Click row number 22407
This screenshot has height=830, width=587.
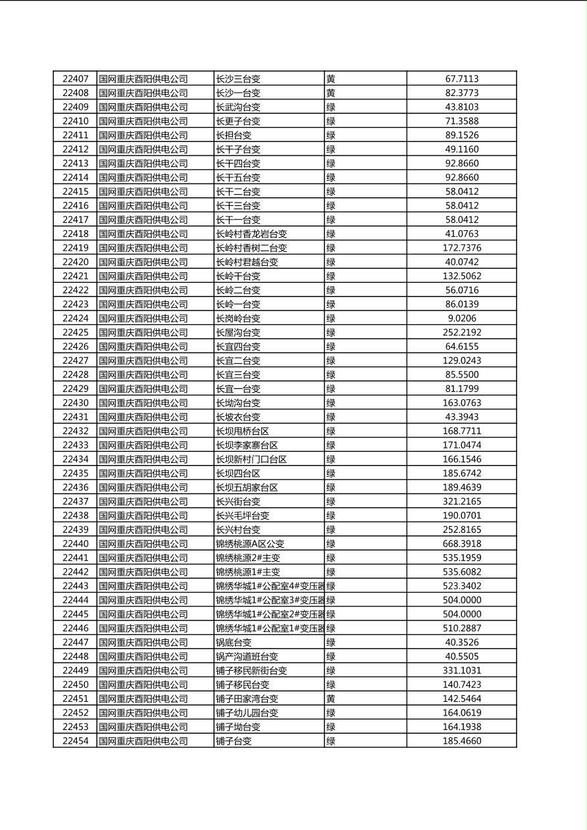click(75, 79)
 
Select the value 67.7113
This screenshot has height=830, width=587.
click(461, 79)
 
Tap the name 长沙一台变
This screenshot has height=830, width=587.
click(238, 93)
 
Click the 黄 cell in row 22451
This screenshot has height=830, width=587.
click(331, 699)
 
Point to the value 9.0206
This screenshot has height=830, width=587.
click(461, 318)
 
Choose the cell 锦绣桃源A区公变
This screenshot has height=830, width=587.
click(250, 544)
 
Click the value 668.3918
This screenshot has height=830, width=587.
click(461, 544)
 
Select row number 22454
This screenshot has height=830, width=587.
click(75, 741)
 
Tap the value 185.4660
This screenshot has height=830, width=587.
click(461, 741)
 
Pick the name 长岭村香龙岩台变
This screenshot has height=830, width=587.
click(251, 234)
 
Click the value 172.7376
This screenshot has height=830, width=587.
click(461, 248)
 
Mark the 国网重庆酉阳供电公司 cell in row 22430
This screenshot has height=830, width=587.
click(143, 403)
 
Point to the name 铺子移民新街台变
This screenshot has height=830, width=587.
click(251, 671)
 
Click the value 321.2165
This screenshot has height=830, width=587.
click(461, 502)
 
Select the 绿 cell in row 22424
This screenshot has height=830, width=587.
click(331, 318)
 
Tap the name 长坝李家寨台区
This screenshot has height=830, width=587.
click(247, 445)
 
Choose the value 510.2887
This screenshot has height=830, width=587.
click(461, 629)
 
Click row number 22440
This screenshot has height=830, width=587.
click(75, 544)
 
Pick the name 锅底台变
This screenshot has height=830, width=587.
click(234, 643)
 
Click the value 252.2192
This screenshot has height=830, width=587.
click(461, 333)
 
